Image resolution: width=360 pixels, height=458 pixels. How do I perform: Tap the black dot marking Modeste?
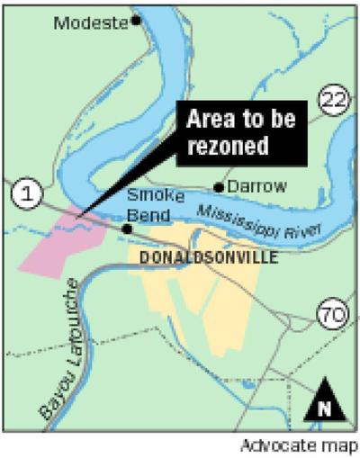point(137,19)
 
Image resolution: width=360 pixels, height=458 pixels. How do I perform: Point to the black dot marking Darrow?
point(219,187)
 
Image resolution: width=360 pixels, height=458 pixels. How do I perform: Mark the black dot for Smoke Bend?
point(128,229)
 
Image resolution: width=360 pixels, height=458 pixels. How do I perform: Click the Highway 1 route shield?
point(25,193)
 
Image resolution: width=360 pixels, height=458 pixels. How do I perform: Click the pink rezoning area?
point(49,247)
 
